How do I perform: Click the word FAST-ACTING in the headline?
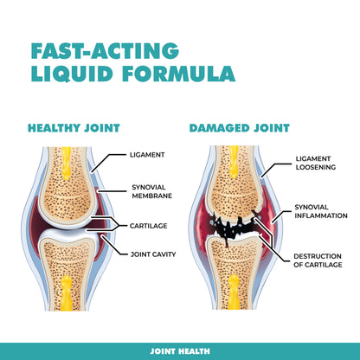click(105, 51)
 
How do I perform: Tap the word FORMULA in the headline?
click(179, 74)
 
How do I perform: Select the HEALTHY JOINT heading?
click(74, 128)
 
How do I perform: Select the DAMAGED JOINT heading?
click(240, 128)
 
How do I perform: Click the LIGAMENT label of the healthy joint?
click(147, 155)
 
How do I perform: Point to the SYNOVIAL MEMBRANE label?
click(152, 191)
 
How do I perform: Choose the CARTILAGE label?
click(148, 226)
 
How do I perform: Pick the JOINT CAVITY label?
click(153, 254)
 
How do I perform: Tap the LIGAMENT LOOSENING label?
click(316, 163)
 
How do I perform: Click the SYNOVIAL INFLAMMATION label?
click(321, 211)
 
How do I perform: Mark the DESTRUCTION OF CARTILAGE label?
click(318, 260)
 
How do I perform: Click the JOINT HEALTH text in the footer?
click(180, 351)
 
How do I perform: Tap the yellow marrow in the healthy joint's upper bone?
click(67, 163)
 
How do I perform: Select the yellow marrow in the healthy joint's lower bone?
click(67, 292)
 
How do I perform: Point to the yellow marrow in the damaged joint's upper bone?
click(234, 162)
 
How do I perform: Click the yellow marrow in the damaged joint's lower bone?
click(234, 292)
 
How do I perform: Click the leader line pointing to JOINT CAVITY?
click(113, 247)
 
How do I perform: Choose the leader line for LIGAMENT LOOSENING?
click(274, 170)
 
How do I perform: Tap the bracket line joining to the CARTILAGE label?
click(119, 226)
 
